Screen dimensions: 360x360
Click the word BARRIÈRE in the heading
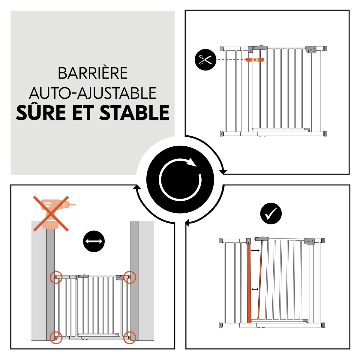(93, 73)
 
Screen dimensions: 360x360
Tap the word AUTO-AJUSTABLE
(93, 93)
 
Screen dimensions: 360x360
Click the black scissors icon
(205, 60)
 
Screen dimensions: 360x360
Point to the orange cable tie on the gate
(255, 60)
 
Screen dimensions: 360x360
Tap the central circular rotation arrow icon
(180, 179)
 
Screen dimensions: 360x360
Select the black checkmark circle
(271, 214)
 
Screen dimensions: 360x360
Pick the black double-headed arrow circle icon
(94, 241)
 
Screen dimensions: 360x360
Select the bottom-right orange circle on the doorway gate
(130, 337)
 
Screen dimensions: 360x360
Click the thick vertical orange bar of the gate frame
(248, 283)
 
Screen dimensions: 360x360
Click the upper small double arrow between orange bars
(255, 250)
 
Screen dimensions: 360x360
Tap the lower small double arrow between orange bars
(255, 289)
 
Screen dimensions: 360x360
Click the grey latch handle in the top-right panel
(260, 47)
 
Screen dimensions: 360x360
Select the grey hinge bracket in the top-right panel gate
(310, 49)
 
